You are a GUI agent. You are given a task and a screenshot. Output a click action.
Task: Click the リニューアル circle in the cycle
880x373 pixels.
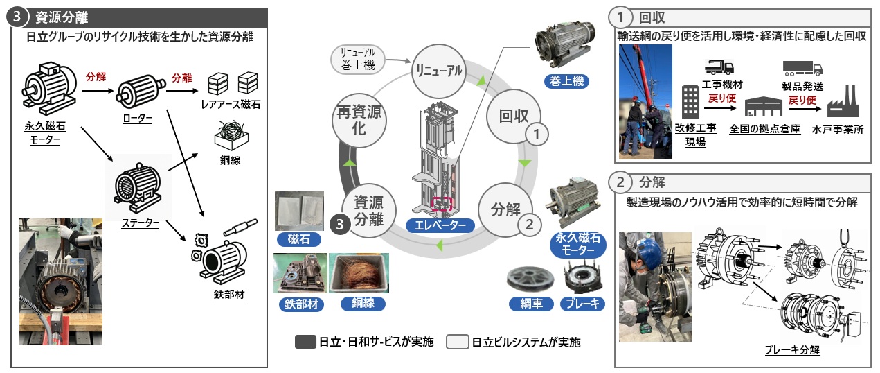pyautogui.click(x=440, y=71)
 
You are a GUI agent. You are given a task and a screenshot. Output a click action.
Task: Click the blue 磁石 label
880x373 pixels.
pyautogui.click(x=298, y=240)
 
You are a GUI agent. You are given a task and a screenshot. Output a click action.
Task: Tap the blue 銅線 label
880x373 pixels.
pyautogui.click(x=359, y=303)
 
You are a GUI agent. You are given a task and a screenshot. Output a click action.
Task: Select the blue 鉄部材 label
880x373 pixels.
pyautogui.click(x=299, y=303)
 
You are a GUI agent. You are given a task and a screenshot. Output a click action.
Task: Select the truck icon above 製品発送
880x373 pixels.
pyautogui.click(x=802, y=67)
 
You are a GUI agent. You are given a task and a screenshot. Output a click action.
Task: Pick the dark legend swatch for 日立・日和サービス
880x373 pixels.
pyautogui.click(x=305, y=342)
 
